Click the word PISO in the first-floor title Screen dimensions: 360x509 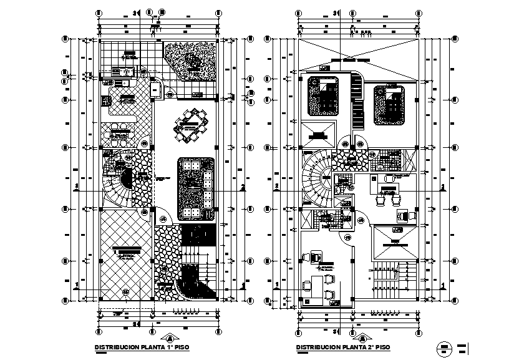[182, 347]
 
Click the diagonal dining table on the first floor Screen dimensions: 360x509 [191, 124]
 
